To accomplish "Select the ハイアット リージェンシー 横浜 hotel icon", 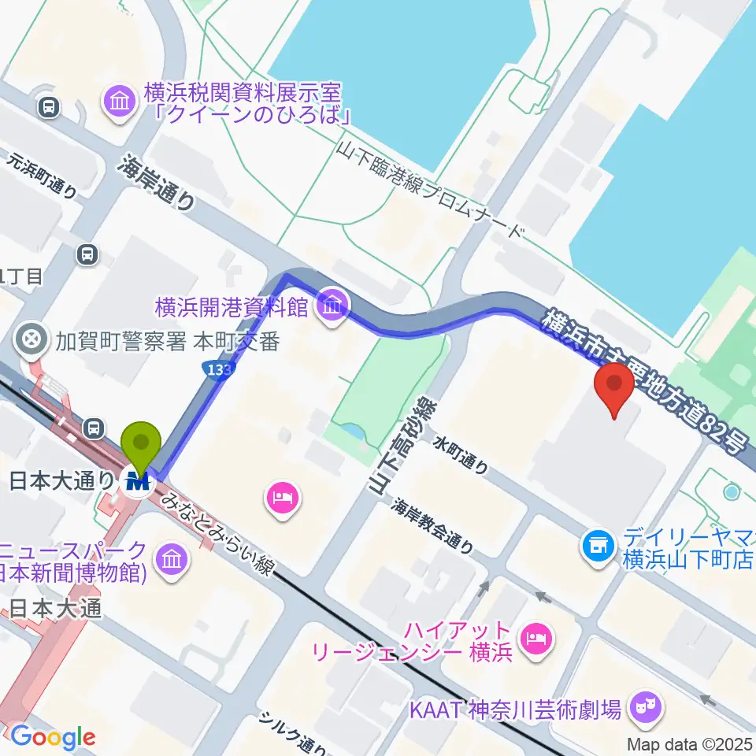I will (x=535, y=633).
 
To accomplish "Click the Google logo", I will (x=52, y=737).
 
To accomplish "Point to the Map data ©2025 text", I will (x=690, y=743).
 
